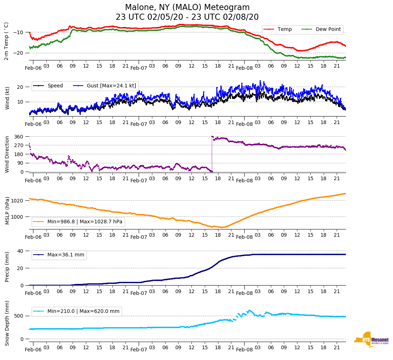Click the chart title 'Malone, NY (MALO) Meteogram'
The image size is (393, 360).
[x=187, y=8]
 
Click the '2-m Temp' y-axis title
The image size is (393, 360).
[x=6, y=41]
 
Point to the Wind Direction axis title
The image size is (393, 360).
[x=6, y=154]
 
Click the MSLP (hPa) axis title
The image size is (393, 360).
[x=6, y=210]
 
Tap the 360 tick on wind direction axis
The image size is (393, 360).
[x=19, y=137]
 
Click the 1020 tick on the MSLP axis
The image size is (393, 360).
[x=18, y=201]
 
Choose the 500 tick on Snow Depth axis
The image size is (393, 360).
[x=19, y=316]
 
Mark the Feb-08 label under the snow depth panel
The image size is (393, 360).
[x=244, y=350]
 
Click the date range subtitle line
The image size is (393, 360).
[x=187, y=17]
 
